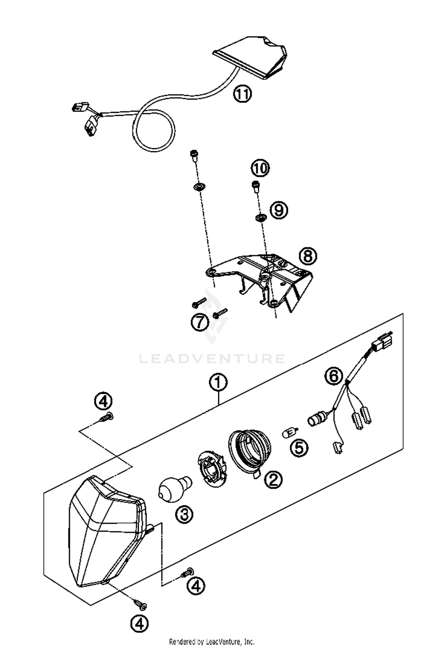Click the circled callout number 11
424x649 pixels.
coord(242,94)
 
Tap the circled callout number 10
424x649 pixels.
coord(260,168)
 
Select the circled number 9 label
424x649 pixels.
coord(279,210)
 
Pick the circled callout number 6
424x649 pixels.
coord(334,376)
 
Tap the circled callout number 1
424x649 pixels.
coord(218,383)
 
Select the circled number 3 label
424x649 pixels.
coord(184,514)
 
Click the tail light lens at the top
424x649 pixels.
coord(252,57)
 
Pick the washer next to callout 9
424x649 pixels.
coord(260,218)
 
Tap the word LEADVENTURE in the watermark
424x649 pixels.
coord(212,358)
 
